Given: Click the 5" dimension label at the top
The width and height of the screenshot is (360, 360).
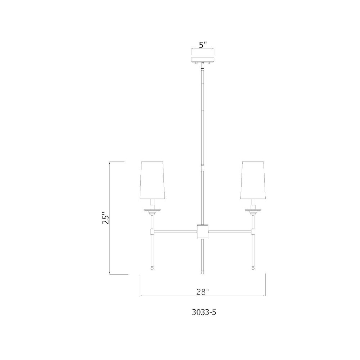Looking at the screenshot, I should click(x=203, y=45).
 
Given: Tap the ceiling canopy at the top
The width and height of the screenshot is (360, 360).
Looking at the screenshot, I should click(x=203, y=60).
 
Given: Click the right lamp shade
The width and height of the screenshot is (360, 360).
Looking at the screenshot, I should click(x=254, y=180).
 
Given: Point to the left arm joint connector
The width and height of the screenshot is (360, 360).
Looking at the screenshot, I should click(x=152, y=230).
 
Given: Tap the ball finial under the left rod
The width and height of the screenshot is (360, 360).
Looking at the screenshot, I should click(x=152, y=267).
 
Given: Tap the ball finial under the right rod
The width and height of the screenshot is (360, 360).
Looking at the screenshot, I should click(x=253, y=267).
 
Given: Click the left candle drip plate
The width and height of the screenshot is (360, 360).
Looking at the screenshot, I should click(x=152, y=209).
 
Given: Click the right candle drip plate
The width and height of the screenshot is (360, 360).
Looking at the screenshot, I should click(x=254, y=209).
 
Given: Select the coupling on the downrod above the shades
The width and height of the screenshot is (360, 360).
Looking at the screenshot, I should click(x=203, y=167).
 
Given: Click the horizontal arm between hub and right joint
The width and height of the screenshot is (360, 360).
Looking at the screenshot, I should click(x=230, y=230).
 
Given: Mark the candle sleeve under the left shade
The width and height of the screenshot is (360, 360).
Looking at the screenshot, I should click(x=152, y=203).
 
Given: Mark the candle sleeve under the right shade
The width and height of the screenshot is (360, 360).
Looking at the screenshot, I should click(x=254, y=203).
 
